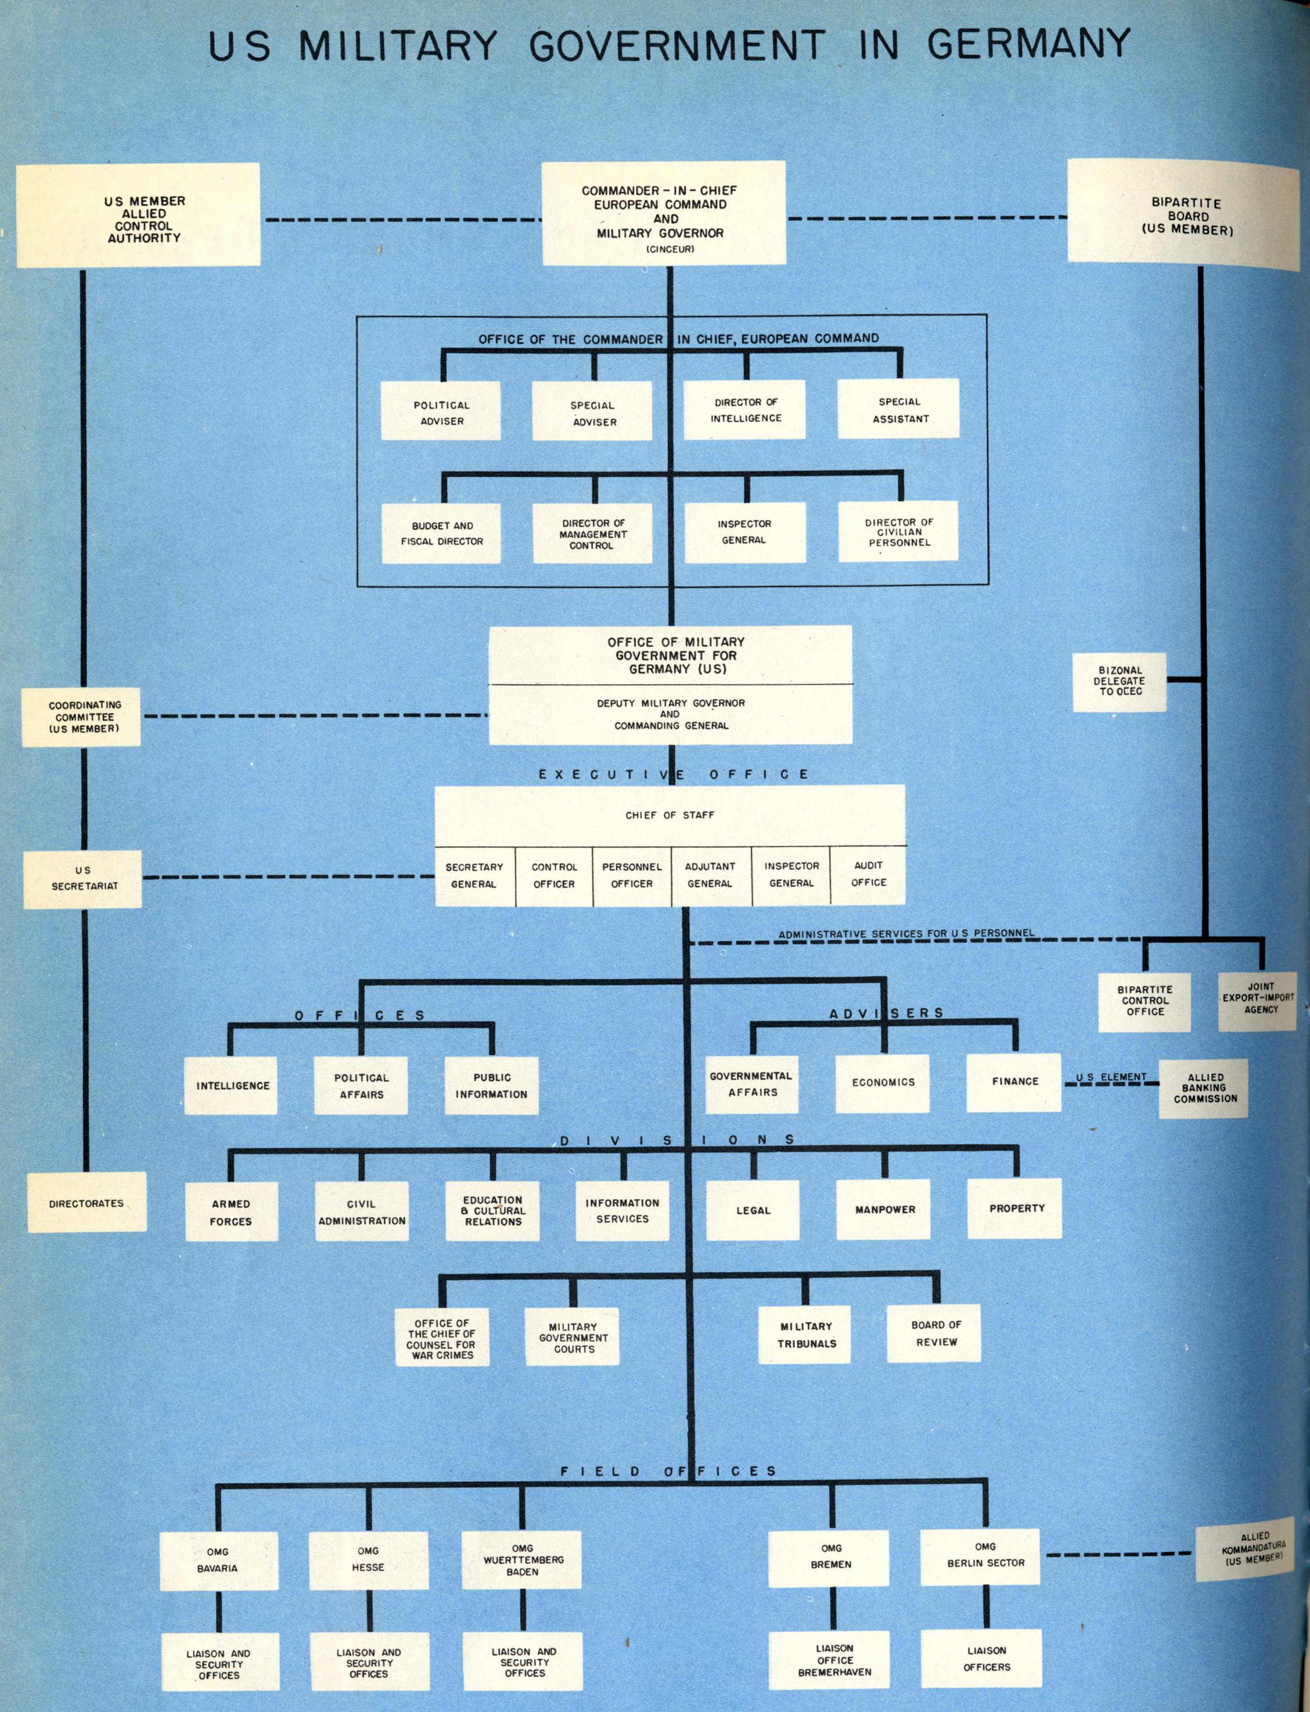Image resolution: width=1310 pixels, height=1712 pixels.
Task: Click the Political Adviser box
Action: [x=441, y=411]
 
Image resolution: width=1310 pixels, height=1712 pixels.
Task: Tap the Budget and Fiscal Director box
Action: [x=441, y=534]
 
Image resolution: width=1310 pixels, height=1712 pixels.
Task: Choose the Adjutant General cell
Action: [x=710, y=875]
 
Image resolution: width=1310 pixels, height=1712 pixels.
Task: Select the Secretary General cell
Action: [x=474, y=875]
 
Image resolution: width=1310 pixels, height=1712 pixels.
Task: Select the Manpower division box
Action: [x=884, y=1210]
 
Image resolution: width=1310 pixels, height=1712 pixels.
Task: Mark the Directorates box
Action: [x=87, y=1203]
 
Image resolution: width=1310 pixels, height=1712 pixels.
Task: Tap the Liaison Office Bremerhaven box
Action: [x=834, y=1660]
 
